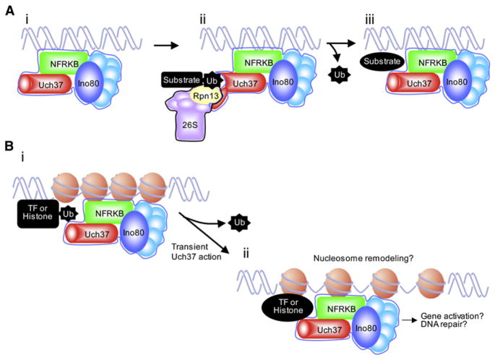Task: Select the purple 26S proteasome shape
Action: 189,131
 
